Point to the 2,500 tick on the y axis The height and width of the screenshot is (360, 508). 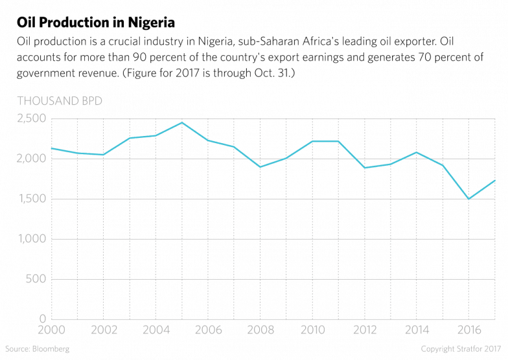[x=29, y=118]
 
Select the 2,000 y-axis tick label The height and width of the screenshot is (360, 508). [x=29, y=159]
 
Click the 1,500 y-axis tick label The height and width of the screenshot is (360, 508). [x=29, y=199]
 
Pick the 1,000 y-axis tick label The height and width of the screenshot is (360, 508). [x=29, y=239]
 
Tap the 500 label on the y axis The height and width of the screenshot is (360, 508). [x=35, y=279]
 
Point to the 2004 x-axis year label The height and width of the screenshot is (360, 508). [x=156, y=330]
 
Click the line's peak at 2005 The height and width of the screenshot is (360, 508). [x=182, y=122]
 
